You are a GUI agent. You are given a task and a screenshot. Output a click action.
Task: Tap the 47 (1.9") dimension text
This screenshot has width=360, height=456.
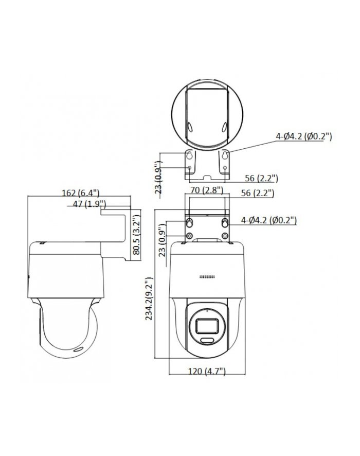86,204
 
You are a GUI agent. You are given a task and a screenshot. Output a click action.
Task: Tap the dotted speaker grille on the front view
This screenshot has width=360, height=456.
207,277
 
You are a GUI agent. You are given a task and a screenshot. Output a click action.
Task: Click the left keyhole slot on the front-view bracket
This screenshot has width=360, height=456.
189,222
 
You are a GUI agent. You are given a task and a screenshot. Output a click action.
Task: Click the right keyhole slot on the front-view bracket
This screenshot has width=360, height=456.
225,222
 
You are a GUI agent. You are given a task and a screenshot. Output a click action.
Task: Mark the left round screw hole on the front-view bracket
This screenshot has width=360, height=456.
189,236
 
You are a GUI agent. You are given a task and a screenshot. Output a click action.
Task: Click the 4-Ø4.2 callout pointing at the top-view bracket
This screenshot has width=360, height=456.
303,136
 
